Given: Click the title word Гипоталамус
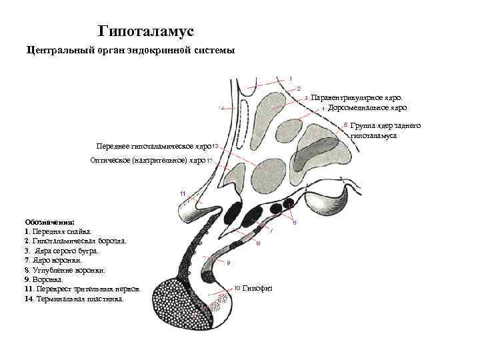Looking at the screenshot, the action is coord(145,31).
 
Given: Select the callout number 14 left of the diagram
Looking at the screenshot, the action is coord(221,108).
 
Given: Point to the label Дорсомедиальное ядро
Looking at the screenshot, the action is coord(367,107).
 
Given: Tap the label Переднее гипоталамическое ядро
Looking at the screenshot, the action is coord(154,146).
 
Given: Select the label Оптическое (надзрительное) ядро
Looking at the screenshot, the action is coord(148,161).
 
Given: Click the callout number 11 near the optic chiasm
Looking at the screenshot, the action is coord(183,193).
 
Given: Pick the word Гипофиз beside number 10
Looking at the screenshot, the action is coord(257,288).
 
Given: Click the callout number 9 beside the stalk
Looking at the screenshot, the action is coord(228,263).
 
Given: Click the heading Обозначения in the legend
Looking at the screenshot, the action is coord(50,222).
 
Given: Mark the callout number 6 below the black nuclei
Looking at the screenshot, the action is coord(295,222).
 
